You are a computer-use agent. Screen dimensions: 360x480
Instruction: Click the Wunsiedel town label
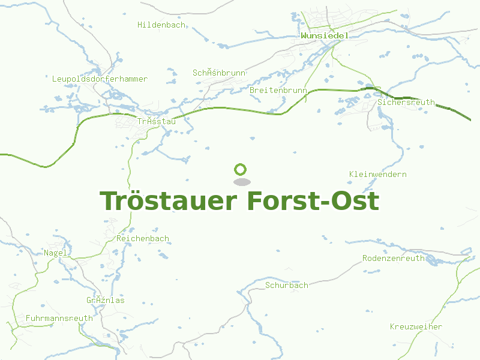tap(325, 36)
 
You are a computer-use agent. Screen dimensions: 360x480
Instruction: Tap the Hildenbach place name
tap(161, 25)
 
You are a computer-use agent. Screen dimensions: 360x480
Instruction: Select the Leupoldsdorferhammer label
tap(100, 79)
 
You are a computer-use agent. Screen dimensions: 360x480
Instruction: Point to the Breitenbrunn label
tap(278, 90)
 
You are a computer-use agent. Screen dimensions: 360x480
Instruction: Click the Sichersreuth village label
tap(406, 103)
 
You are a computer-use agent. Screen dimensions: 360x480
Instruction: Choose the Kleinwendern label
tap(378, 175)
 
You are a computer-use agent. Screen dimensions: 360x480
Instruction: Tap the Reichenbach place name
tap(143, 239)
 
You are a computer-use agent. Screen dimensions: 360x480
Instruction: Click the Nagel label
tap(55, 253)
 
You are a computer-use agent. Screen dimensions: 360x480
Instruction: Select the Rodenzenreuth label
tap(393, 259)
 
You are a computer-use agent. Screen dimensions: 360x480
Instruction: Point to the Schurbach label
tap(287, 286)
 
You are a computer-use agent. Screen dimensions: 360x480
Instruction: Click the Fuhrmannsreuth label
tap(59, 318)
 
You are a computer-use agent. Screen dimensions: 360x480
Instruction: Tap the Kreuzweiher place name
tap(416, 327)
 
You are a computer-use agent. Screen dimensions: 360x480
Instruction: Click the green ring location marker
tap(241, 169)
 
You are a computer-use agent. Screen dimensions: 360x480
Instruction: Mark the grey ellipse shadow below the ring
tap(241, 182)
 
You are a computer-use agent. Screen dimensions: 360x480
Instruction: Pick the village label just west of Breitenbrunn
tap(219, 73)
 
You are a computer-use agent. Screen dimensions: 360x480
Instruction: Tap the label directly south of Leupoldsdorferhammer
tap(157, 122)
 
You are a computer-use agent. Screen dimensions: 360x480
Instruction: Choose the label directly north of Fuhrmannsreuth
tap(106, 301)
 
